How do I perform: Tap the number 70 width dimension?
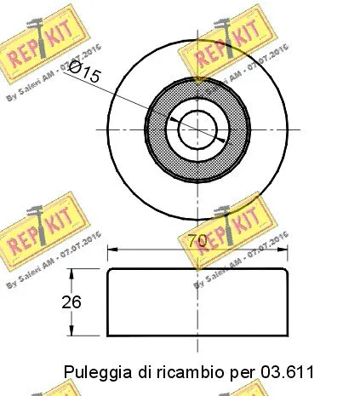point(197,242)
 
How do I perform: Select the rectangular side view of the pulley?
point(197,302)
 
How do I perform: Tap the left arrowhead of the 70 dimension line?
point(111,250)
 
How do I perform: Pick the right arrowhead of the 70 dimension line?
point(284,250)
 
